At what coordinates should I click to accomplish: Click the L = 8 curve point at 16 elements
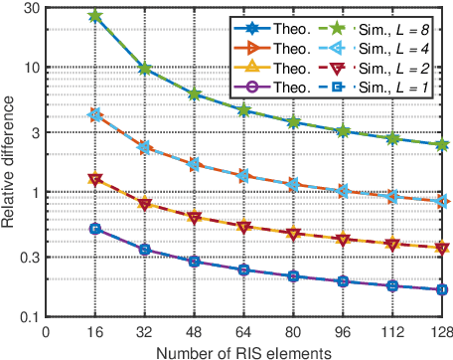point(95,16)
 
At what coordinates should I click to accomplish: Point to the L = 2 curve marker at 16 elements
point(95,180)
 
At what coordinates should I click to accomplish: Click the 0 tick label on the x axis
point(46,329)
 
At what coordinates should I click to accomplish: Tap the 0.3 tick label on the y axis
point(27,257)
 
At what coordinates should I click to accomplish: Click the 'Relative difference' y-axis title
point(9,161)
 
